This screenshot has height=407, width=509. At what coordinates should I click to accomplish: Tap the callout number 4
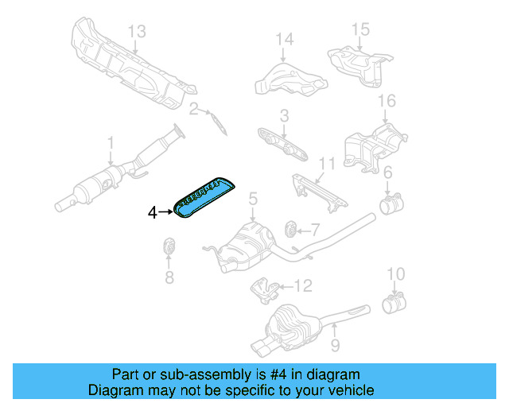[153, 212]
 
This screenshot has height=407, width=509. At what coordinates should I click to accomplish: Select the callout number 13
[137, 32]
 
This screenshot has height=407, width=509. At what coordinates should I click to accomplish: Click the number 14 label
[285, 39]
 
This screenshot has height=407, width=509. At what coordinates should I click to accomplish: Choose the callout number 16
[386, 101]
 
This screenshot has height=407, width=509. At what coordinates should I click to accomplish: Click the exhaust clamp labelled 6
[390, 206]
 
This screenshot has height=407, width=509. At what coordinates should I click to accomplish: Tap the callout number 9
[335, 345]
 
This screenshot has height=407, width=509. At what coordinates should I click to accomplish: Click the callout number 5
[252, 198]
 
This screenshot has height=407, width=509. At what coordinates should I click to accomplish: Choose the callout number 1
[111, 144]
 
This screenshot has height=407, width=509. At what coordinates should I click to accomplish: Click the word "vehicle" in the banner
[348, 390]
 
